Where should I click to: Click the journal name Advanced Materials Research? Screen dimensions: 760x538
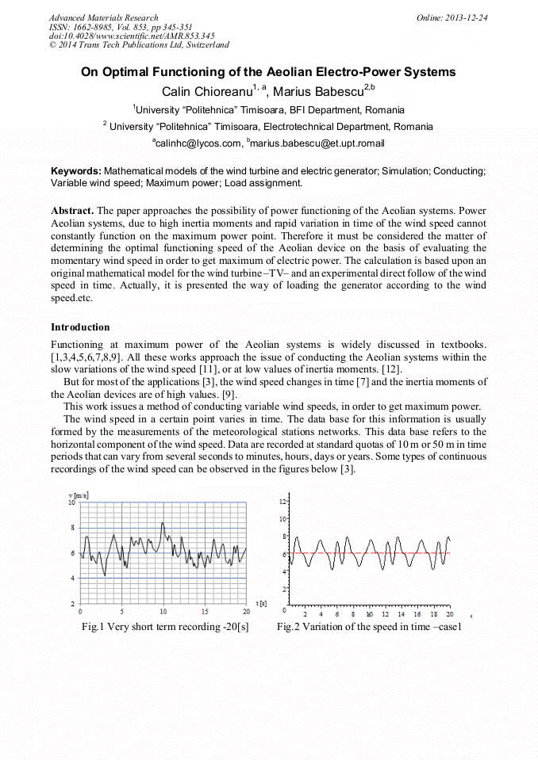[103, 17]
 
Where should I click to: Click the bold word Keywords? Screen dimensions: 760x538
[76, 171]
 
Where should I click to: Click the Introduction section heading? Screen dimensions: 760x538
[80, 327]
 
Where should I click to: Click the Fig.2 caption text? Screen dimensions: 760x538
[369, 627]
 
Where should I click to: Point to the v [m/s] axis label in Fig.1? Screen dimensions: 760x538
[77, 495]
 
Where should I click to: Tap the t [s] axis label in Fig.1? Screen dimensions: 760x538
[260, 604]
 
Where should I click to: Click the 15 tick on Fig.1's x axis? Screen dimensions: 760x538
[205, 612]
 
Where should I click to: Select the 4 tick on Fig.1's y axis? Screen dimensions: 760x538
[73, 579]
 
